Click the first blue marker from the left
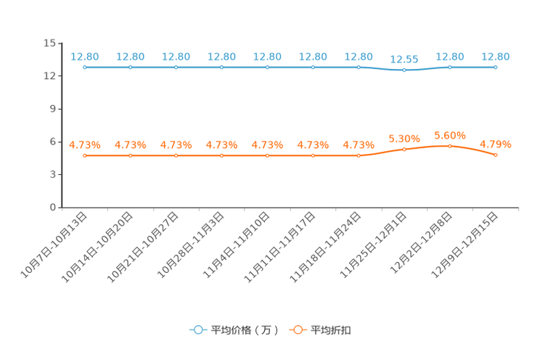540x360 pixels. coord(85,67)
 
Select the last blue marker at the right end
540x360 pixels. coord(496,67)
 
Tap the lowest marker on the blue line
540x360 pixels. coord(404,70)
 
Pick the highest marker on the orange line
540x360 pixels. coord(450,146)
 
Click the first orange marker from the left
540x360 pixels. coord(85,155)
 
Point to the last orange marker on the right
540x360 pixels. coord(496,155)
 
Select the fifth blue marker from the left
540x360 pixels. coord(268,67)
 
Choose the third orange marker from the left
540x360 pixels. coord(176,155)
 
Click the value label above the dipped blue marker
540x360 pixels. coord(404,59)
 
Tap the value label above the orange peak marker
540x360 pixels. coord(450,135)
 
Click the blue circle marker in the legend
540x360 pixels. coord(197,330)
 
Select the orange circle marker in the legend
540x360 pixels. coord(298,330)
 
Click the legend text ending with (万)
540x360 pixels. coord(245,330)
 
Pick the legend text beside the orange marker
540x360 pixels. coord(332,330)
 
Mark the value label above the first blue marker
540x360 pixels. coord(85,56)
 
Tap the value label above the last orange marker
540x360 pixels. coord(496,144)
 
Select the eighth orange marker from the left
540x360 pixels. coord(404,149)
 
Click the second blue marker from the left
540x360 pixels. coord(131,67)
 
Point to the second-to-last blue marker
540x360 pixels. coord(450,67)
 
